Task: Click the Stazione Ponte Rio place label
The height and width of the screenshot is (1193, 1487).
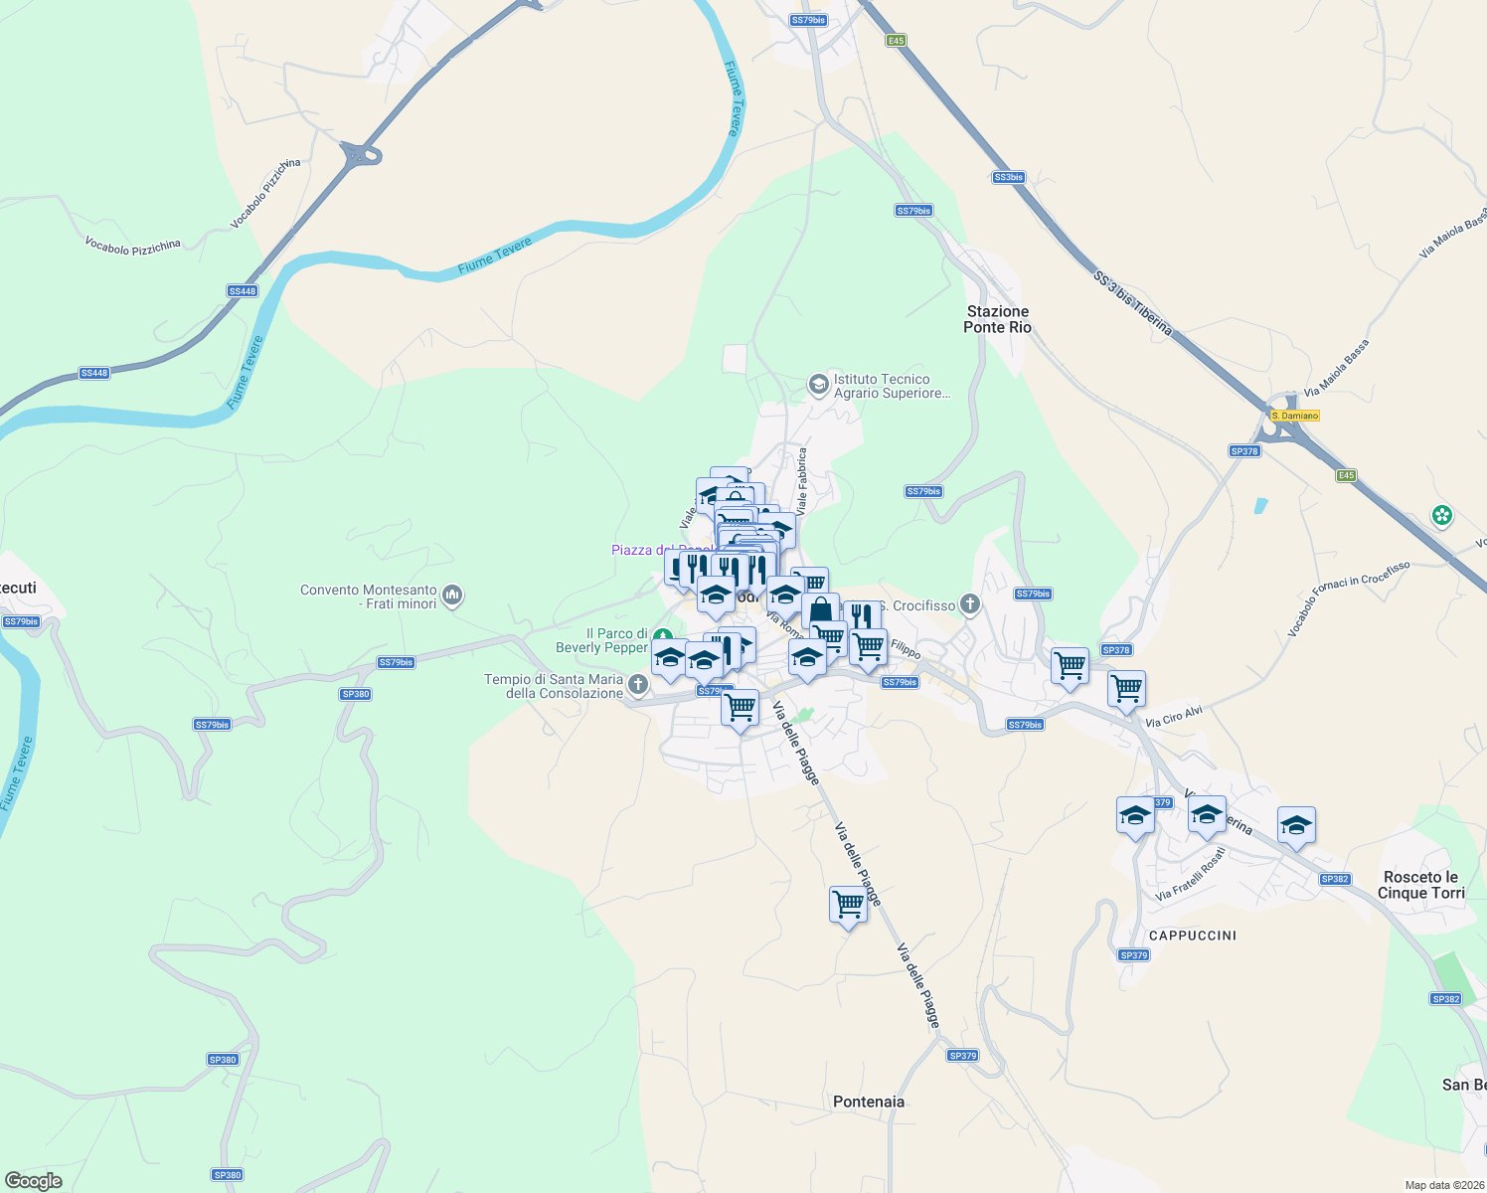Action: [997, 319]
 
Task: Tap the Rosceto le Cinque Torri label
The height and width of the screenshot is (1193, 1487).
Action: [1420, 885]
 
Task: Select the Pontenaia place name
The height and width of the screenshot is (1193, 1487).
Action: [869, 1102]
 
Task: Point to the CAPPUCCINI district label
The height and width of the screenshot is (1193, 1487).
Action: [1192, 936]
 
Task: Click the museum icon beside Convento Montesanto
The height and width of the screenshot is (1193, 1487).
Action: [452, 596]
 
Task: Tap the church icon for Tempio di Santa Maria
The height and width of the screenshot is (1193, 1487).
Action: [638, 684]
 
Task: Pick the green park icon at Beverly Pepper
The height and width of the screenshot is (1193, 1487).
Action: [662, 636]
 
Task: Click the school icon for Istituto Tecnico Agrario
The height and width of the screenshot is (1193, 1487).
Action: [818, 385]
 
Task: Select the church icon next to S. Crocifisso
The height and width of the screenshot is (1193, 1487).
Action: [970, 603]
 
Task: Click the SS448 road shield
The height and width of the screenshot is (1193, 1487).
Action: [243, 291]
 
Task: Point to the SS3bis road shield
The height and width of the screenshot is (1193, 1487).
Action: [1008, 177]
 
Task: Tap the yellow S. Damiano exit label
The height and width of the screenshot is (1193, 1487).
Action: [1294, 416]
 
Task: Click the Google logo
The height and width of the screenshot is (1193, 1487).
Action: [34, 1181]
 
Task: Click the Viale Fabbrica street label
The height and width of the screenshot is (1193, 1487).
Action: [801, 480]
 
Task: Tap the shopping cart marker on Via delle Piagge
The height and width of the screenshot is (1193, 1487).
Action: [848, 905]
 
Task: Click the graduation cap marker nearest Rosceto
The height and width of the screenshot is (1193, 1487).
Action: [1296, 825]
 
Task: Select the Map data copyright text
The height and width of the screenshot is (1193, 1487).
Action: [1440, 1185]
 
